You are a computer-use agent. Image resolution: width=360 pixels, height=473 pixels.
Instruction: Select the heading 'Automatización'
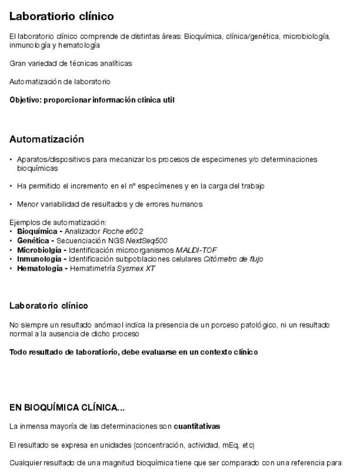tap(47, 139)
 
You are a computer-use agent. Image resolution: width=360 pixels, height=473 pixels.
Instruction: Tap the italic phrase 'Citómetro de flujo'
tap(233, 259)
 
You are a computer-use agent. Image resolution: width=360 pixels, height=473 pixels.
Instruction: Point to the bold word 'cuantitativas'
tap(197, 427)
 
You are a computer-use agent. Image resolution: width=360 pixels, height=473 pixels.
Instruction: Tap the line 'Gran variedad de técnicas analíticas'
tap(71, 63)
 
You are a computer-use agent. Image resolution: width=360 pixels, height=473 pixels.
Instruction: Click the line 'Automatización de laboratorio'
tap(60, 82)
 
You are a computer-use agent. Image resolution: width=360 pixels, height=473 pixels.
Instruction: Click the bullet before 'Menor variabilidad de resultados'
tap(11, 204)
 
